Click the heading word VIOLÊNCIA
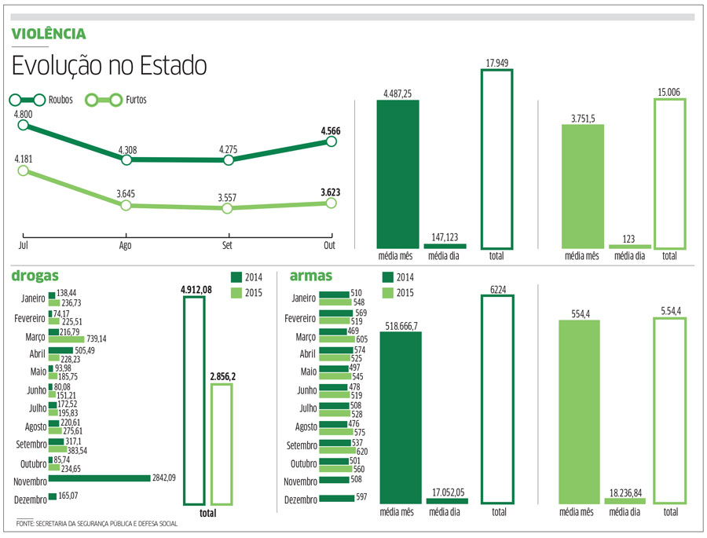pyautogui.click(x=49, y=34)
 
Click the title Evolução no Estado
pyautogui.click(x=109, y=66)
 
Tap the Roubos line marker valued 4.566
pyautogui.click(x=331, y=141)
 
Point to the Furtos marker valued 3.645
pyautogui.click(x=125, y=205)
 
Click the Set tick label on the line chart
pyautogui.click(x=227, y=246)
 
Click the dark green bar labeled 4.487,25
pyautogui.click(x=397, y=174)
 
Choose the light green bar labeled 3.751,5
pyautogui.click(x=582, y=186)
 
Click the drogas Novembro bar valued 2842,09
pyautogui.click(x=99, y=478)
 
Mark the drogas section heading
pyautogui.click(x=31, y=276)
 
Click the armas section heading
pyautogui.click(x=311, y=276)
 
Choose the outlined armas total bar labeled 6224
pyautogui.click(x=497, y=399)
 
